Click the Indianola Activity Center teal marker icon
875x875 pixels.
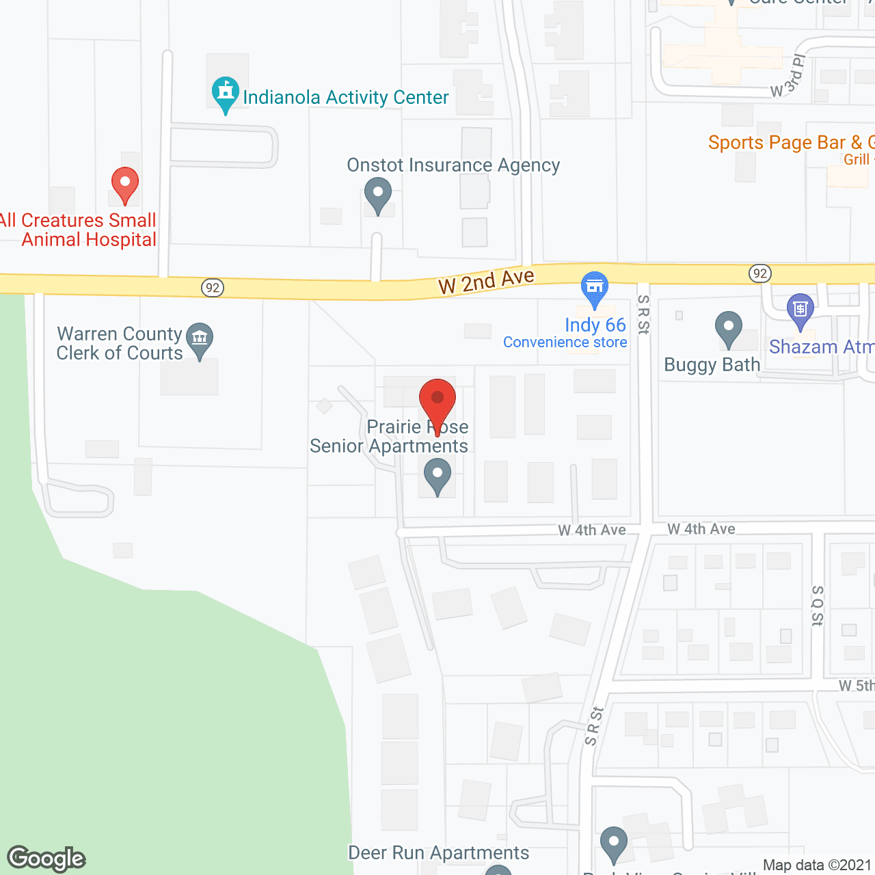coord(225,94)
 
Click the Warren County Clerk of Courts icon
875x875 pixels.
coord(200,340)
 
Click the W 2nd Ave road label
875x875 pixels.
coord(486,281)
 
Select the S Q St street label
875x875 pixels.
coord(818,606)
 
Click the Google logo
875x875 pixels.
coord(46,859)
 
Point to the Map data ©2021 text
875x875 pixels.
coord(818,865)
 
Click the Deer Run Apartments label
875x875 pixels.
coord(438,852)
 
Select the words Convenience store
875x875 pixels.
coord(565,342)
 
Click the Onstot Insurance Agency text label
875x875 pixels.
coord(453,165)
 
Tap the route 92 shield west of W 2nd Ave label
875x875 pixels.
coord(213,288)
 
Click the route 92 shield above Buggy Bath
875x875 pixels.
coord(759,274)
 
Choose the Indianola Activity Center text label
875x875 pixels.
coord(346,98)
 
